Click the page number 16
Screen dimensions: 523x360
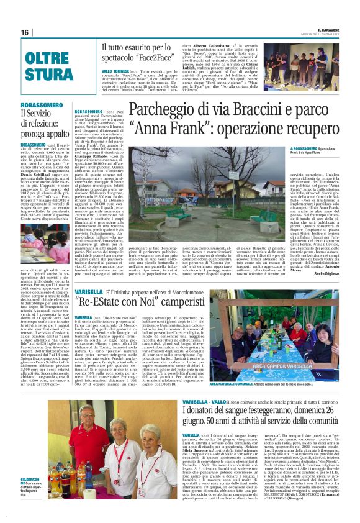point(24,32)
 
